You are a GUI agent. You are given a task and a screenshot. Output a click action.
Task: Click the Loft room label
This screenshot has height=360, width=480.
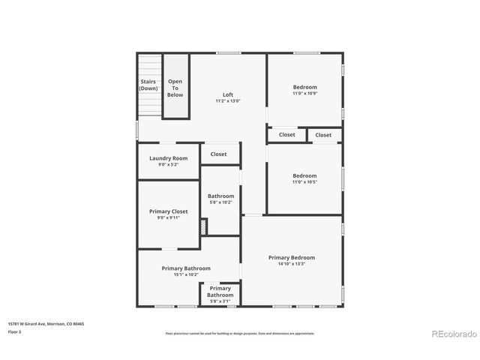pyautogui.click(x=228, y=95)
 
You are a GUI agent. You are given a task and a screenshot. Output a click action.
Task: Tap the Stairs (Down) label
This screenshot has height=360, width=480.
pyautogui.click(x=148, y=85)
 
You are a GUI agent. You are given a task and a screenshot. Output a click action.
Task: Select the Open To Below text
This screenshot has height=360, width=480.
pyautogui.click(x=175, y=88)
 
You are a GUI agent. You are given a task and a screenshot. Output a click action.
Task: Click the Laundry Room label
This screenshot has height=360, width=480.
pyautogui.click(x=168, y=158)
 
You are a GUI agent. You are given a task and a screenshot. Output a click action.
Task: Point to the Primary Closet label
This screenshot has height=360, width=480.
pyautogui.click(x=168, y=211)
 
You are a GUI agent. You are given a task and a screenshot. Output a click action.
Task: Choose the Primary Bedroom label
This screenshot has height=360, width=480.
pyautogui.click(x=292, y=257)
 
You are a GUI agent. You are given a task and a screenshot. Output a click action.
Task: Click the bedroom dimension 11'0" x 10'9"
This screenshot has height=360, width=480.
pyautogui.click(x=304, y=94)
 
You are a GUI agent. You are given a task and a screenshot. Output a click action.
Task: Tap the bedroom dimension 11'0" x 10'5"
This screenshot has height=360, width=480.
pyautogui.click(x=304, y=182)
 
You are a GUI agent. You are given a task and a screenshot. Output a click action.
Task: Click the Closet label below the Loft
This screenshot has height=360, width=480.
pyautogui.click(x=218, y=154)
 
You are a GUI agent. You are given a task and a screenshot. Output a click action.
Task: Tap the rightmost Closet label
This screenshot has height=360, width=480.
pyautogui.click(x=323, y=135)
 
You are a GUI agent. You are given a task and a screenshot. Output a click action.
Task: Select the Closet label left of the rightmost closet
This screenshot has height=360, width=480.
pyautogui.click(x=286, y=135)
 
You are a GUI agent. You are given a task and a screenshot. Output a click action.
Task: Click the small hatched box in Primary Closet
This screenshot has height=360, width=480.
pyautogui.click(x=203, y=226)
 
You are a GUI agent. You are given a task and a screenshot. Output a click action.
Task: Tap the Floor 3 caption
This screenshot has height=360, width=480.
pyautogui.click(x=14, y=331)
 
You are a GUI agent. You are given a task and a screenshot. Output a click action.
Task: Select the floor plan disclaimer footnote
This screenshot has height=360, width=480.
pyautogui.click(x=240, y=333)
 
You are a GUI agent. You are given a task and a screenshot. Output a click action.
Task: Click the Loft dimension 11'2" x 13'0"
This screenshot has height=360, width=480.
pyautogui.click(x=228, y=101)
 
